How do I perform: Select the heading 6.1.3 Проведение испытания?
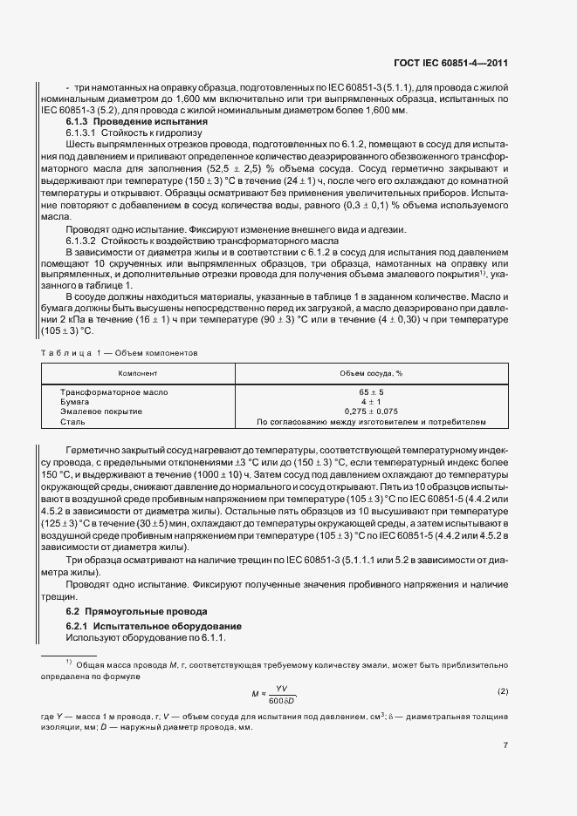pyautogui.click(x=137, y=122)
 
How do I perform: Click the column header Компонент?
pyautogui.click(x=138, y=372)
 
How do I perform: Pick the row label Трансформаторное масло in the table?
pyautogui.click(x=113, y=392)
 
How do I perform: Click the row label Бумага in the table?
pyautogui.click(x=76, y=402)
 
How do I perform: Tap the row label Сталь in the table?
pyautogui.click(x=72, y=421)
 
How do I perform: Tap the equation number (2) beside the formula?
pyautogui.click(x=503, y=692)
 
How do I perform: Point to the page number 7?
pyautogui.click(x=505, y=745)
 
